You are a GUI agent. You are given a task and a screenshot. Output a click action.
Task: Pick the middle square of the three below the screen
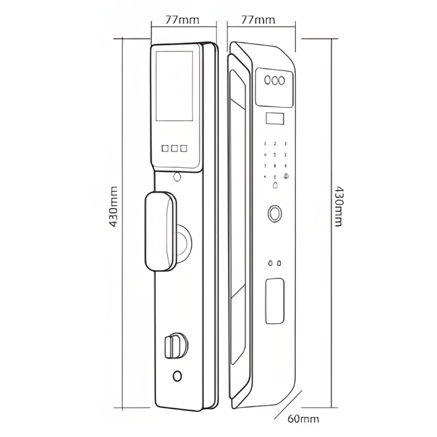pos(174,148)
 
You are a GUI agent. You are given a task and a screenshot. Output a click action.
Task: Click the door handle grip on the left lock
pos(160,231)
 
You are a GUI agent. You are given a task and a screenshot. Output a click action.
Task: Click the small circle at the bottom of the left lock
pos(178,376)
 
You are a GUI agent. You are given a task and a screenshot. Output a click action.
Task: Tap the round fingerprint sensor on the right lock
pos(275,214)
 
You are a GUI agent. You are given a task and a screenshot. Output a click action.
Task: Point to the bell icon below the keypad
pos(276,185)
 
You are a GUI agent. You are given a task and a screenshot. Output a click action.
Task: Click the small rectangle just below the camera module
pos(275,118)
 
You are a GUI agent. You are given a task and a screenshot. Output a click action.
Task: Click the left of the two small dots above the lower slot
pos(270,263)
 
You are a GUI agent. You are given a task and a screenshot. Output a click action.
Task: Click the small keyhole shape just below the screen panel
pos(177,176)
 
